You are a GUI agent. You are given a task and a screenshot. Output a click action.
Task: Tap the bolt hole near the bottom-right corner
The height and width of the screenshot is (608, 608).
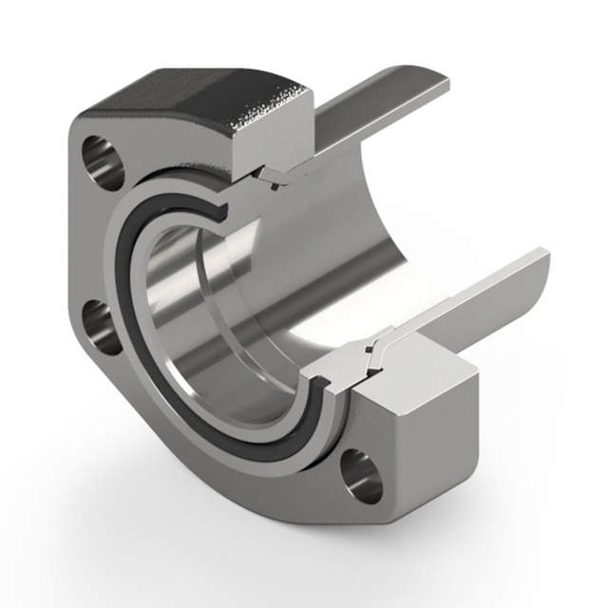[362, 476]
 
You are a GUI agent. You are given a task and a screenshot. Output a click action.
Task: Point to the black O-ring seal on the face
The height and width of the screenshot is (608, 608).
[142, 380]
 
